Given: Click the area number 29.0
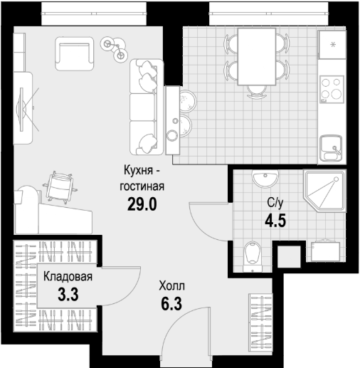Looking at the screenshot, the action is [142, 204].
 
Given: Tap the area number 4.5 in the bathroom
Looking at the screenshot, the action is [275, 221].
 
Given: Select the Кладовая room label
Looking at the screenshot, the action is [68, 277].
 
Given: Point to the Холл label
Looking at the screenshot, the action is [171, 286].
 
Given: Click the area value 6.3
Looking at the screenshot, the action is [171, 304].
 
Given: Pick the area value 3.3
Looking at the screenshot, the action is [68, 295].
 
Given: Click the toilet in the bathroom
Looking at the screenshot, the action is [253, 256].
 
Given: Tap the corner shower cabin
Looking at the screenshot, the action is [324, 191].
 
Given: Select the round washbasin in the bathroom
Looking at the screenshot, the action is [265, 179].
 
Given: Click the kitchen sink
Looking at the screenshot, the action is [331, 148].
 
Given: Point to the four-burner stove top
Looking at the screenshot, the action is [332, 89].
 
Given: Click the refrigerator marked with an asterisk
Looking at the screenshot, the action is [332, 45].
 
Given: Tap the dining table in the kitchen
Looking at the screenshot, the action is [257, 56].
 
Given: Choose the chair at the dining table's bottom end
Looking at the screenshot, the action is [257, 92].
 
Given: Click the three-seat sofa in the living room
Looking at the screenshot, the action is [147, 107].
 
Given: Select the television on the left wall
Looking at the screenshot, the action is [22, 109].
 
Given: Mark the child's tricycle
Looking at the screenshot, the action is [114, 48].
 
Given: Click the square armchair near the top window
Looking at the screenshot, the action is [75, 53].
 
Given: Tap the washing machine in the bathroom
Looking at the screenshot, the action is [326, 251].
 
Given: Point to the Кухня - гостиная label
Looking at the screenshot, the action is [142, 179].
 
